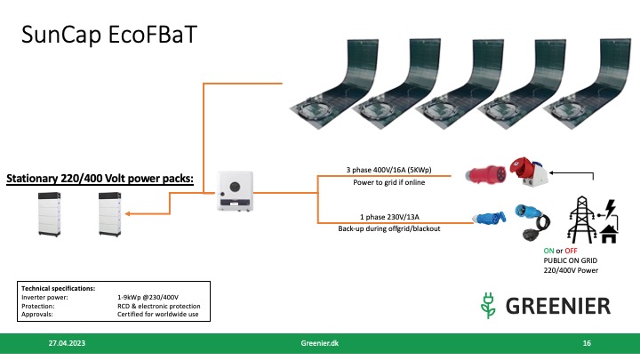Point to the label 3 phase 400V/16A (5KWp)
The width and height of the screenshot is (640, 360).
click(x=384, y=169)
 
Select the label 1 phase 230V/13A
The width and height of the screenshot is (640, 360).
click(x=384, y=214)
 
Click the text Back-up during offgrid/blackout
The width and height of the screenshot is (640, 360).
click(x=385, y=228)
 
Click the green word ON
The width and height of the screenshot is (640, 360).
click(x=548, y=252)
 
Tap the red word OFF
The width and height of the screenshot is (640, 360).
click(x=568, y=252)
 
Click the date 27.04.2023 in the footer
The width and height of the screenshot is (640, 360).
click(x=67, y=342)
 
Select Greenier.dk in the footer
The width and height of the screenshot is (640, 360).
click(x=320, y=342)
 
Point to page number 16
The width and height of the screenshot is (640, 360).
click(x=587, y=342)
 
